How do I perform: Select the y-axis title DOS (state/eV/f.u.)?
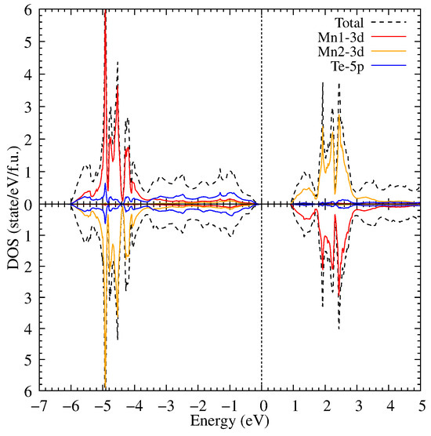10,204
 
